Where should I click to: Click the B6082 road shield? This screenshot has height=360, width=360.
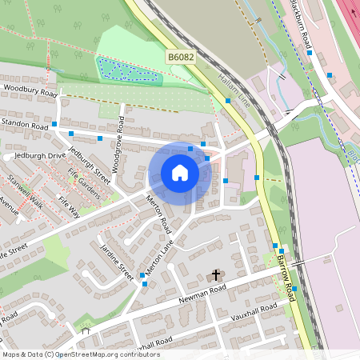182,58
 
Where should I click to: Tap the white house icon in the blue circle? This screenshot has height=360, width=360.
180,173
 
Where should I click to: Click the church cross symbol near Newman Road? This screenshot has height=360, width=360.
215,275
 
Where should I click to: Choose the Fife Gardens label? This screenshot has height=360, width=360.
83,182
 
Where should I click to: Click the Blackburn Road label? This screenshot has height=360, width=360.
298,20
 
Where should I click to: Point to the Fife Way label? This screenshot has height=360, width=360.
69,206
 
